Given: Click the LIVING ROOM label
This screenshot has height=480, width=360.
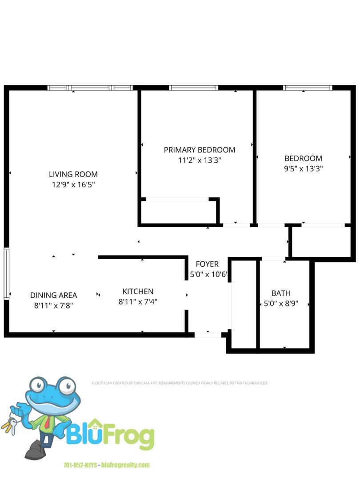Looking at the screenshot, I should pyautogui.click(x=73, y=174).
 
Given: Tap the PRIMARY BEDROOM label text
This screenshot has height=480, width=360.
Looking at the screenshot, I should pyautogui.click(x=200, y=150).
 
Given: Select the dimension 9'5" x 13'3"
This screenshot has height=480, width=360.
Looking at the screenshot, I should pyautogui.click(x=304, y=169).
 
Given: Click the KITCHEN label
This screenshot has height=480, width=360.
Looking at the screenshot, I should pyautogui.click(x=138, y=292).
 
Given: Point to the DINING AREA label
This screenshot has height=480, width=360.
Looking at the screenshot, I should pyautogui.click(x=54, y=295).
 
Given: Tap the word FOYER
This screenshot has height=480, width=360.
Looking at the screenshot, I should pyautogui.click(x=207, y=264).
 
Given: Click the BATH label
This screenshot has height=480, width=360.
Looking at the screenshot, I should pyautogui.click(x=281, y=293).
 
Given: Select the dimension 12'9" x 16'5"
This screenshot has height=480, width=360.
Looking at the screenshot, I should pyautogui.click(x=73, y=184).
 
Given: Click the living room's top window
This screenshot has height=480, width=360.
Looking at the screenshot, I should pyautogui.click(x=90, y=88).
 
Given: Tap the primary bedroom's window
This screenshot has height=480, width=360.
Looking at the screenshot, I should pyautogui.click(x=194, y=88).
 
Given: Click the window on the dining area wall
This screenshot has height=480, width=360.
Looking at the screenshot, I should pyautogui.click(x=7, y=273).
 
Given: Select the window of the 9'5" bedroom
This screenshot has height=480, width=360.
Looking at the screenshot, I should pyautogui.click(x=308, y=88).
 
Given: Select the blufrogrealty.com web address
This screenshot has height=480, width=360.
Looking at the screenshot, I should pyautogui.click(x=126, y=465).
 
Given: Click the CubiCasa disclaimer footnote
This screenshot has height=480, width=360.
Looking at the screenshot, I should pyautogui.click(x=180, y=383).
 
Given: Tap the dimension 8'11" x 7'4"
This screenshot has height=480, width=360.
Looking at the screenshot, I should pyautogui.click(x=138, y=301).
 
